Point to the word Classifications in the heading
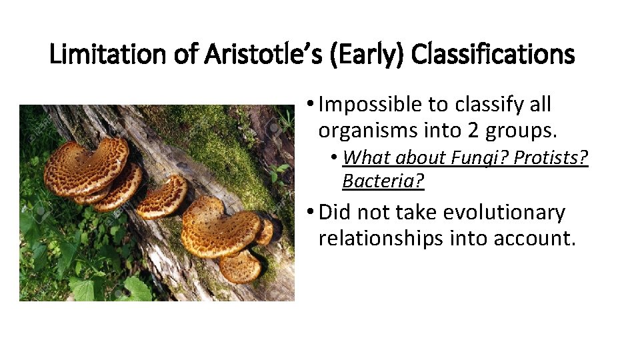point(493,54)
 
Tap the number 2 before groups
point(474,131)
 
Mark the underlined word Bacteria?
point(383,181)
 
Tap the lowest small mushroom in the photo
point(239,267)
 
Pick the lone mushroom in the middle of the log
point(162,197)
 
